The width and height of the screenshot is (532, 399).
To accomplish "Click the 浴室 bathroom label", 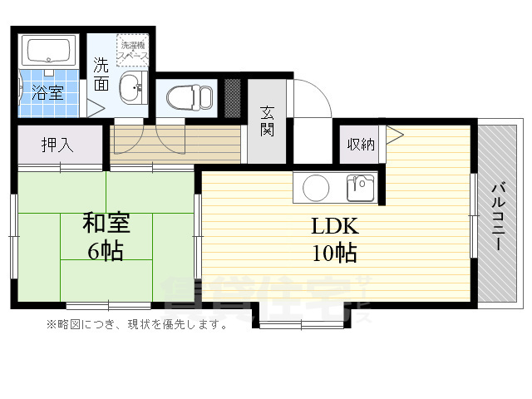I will (x=47, y=91).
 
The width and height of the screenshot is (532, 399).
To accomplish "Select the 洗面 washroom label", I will (x=101, y=73).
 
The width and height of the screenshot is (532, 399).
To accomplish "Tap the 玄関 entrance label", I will (x=267, y=122).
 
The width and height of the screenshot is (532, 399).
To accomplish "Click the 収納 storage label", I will (x=360, y=145).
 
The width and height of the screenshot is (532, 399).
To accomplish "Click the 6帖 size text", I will (x=106, y=249).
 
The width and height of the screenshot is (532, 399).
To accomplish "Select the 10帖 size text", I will (x=334, y=252).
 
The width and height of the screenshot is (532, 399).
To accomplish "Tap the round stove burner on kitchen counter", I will (x=317, y=188).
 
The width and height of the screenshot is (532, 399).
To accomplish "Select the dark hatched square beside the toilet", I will (x=233, y=97).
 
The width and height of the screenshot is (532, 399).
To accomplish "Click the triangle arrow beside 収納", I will (x=393, y=134).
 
